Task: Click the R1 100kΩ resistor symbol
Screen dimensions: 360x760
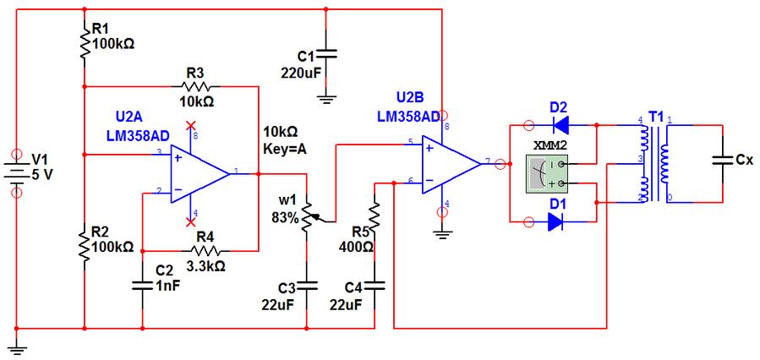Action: (85, 41)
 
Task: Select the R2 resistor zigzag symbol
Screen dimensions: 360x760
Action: (85, 242)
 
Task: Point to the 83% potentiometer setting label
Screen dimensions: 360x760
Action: (285, 218)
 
